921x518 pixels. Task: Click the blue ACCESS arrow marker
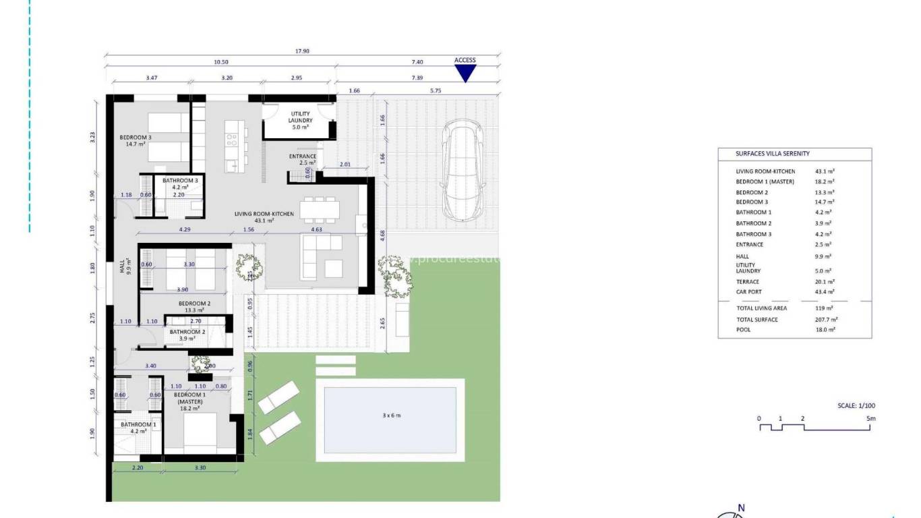[x=465, y=73]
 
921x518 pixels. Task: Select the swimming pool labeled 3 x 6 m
[x=390, y=419]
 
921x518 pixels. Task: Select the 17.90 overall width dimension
[x=302, y=51]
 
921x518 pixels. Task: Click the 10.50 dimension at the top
[x=220, y=61]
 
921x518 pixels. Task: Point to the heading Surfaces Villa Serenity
[x=773, y=154]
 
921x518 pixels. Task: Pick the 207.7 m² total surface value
[x=826, y=320]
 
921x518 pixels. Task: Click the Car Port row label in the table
[x=748, y=292]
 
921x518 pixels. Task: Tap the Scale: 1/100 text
[x=855, y=406]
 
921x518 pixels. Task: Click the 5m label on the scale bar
[x=870, y=419]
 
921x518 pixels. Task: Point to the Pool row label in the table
[x=743, y=330]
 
